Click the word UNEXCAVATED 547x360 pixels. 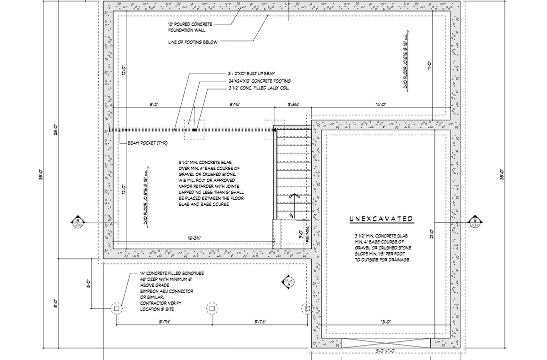381,219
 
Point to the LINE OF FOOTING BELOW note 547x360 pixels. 193,43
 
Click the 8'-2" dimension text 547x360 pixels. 154,105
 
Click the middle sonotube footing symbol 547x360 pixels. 212,309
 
